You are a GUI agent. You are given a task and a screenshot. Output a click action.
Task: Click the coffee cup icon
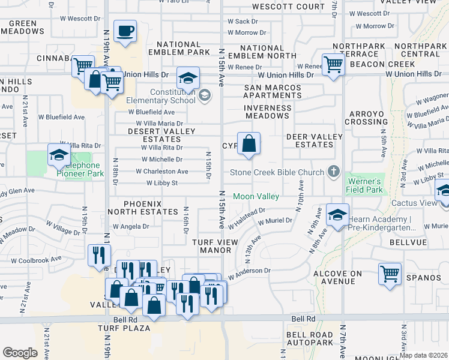(125, 31)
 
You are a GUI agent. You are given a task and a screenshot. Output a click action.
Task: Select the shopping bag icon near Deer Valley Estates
(249, 144)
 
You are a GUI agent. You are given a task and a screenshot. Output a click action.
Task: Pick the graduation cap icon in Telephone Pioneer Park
(59, 155)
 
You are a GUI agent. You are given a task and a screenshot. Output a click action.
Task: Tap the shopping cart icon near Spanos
(390, 274)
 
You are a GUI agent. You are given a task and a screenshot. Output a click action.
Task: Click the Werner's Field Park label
(364, 185)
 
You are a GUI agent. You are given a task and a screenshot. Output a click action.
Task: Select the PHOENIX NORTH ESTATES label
(143, 208)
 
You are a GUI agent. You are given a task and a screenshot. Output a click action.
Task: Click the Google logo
(20, 353)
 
